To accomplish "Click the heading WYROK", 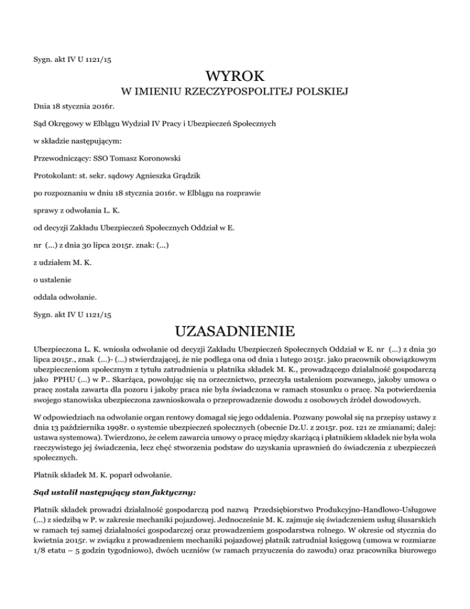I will click(x=235, y=77).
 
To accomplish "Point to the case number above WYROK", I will click(x=72, y=59).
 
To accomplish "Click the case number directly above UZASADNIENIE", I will click(x=72, y=317).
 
